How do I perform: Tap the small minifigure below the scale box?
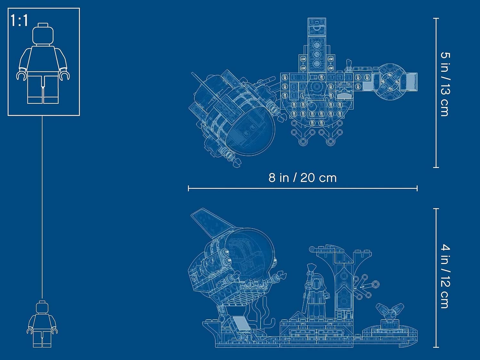click(42, 324)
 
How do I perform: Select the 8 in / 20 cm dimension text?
click(302, 178)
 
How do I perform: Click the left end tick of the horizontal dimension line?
click(188, 188)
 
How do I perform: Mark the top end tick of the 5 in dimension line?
click(436, 18)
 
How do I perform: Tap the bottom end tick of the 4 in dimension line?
click(436, 347)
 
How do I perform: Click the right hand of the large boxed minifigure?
click(65, 76)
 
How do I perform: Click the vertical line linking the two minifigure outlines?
click(42, 208)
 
